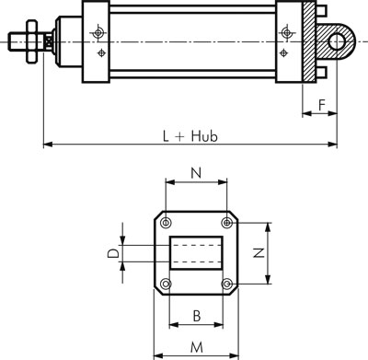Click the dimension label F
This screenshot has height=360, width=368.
click(321, 105)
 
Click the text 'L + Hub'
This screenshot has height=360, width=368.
click(190, 136)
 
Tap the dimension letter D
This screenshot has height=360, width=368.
click(113, 253)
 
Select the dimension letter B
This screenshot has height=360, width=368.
click(197, 316)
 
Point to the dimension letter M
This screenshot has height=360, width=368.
click(197, 348)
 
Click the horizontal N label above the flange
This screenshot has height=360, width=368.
click(196, 173)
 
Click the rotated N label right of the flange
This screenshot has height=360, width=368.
click(259, 253)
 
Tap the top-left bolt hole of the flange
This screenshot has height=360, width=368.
click(166, 223)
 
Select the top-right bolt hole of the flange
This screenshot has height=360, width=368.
click(226, 223)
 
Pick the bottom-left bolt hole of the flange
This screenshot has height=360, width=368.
click(166, 284)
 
